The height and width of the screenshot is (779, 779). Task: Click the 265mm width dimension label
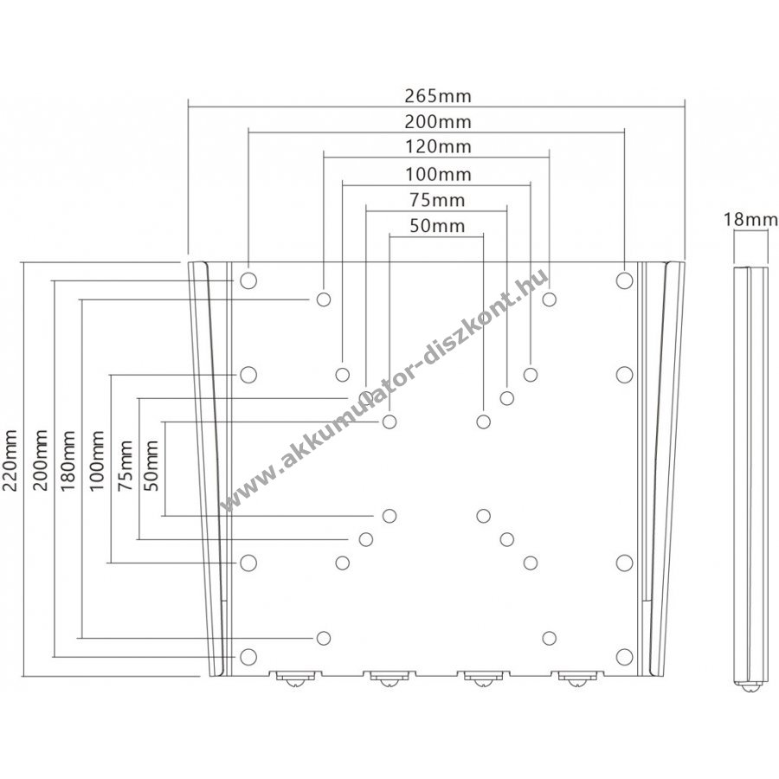437,95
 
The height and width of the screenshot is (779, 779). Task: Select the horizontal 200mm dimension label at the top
437,122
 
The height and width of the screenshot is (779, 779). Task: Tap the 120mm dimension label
438,147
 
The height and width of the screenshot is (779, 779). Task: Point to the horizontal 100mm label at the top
438,174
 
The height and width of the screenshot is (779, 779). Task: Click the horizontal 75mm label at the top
437,200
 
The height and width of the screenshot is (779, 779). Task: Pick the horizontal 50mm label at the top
437,226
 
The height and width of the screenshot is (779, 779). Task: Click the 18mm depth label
750,219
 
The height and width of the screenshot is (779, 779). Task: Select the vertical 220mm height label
10,460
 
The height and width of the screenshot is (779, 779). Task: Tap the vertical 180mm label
68,460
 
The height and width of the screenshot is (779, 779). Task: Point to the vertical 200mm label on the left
39,460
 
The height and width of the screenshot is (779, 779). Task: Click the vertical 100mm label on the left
96,460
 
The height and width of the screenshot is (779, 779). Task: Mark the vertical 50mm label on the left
151,466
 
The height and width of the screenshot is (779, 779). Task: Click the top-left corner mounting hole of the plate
248,280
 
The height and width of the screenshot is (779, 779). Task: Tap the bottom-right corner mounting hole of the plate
624,657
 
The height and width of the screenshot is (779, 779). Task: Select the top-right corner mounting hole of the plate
624,280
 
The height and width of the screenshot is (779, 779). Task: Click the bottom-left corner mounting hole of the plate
248,657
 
